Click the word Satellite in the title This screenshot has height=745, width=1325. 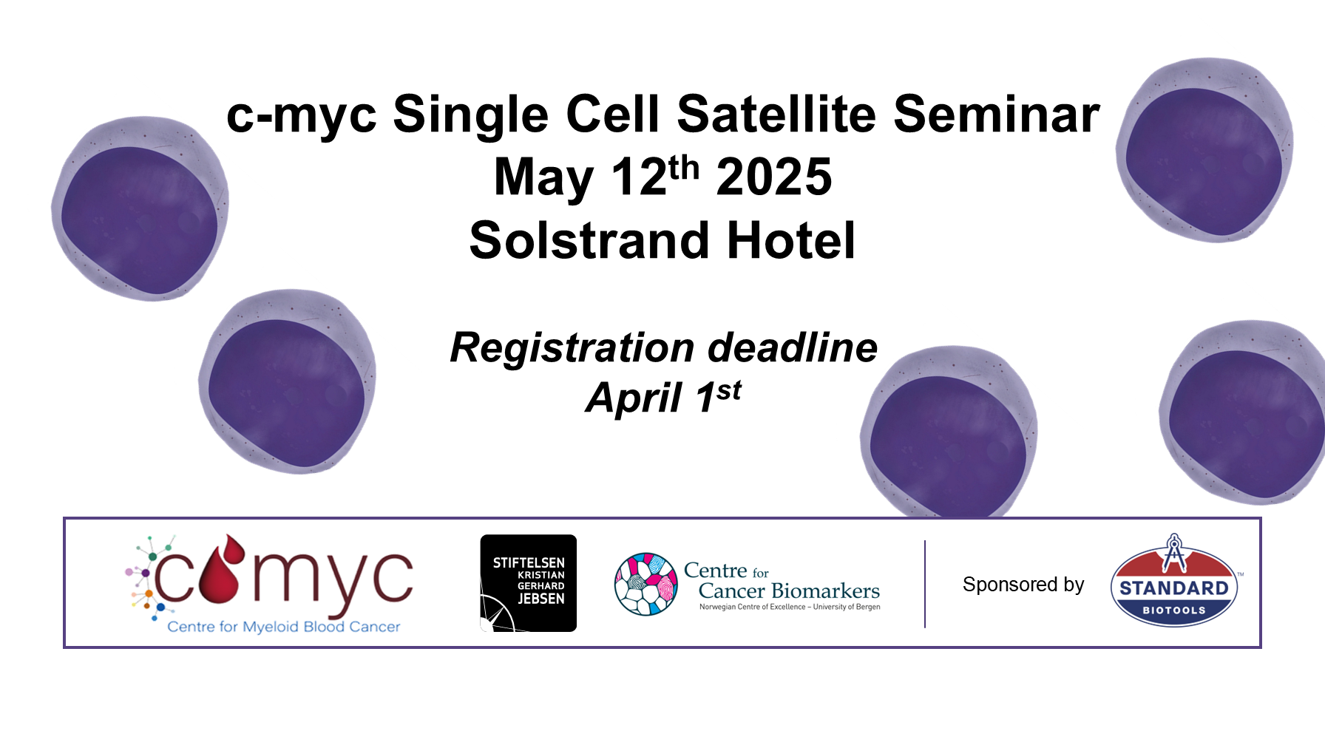coord(776,114)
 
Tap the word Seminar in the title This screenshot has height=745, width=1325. coord(997,114)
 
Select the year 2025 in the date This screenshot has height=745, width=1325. coord(774,177)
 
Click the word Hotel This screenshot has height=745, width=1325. coord(791,240)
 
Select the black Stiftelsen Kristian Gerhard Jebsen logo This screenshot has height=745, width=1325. coord(528,583)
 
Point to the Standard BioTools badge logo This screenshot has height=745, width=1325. coord(1174,581)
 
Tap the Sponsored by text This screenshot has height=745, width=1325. coord(1023,585)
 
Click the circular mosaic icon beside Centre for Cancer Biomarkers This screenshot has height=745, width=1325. coord(646,584)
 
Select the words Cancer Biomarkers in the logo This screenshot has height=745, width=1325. coord(789,591)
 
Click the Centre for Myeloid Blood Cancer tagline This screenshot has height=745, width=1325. coord(284,627)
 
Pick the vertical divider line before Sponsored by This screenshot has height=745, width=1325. coord(925,584)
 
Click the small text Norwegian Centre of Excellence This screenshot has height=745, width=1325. coord(753,607)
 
